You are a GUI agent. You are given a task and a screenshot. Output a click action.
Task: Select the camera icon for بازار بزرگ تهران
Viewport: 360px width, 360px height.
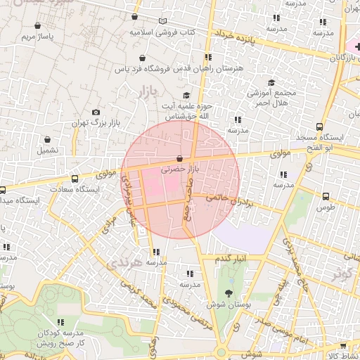(96, 112)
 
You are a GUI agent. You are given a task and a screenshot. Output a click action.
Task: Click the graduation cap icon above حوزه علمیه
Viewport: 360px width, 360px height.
(186, 95)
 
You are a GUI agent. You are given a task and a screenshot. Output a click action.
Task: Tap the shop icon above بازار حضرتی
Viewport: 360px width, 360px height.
(180, 159)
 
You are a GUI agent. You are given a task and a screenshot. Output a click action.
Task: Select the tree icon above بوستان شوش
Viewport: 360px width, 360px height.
(229, 293)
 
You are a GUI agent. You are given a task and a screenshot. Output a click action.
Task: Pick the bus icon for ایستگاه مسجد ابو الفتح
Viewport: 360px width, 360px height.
(319, 128)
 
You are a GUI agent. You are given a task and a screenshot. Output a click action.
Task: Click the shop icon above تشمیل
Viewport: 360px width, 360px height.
(47, 139)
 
